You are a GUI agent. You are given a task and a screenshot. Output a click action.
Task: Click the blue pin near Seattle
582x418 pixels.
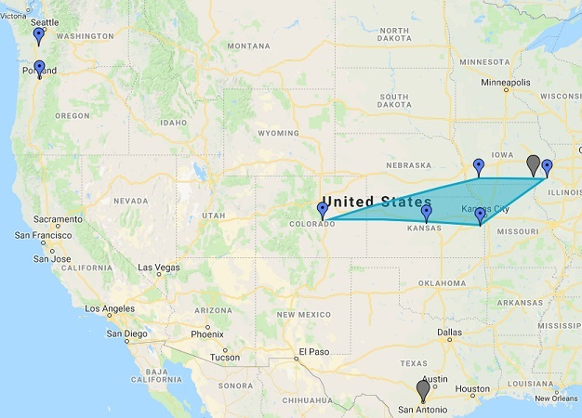pyautogui.click(x=38, y=36)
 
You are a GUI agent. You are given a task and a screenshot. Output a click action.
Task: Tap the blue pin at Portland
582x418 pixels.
pyautogui.click(x=39, y=69)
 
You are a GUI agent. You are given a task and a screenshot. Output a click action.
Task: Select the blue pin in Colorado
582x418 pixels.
pyautogui.click(x=323, y=210)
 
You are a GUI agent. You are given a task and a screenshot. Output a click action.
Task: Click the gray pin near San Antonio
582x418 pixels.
pyautogui.click(x=423, y=390)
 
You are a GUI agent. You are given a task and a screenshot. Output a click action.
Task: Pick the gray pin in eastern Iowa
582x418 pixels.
pyautogui.click(x=533, y=164)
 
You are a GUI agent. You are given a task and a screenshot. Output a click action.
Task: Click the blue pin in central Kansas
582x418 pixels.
pyautogui.click(x=427, y=214)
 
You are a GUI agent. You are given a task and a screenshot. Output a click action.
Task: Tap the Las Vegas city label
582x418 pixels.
pyautogui.click(x=159, y=268)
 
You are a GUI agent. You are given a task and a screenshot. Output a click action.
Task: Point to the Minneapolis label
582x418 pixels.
pyautogui.click(x=505, y=83)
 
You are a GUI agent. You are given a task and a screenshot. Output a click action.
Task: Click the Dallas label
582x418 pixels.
pyautogui.click(x=450, y=332)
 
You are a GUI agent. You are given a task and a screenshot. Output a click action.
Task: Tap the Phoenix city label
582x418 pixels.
pyautogui.click(x=206, y=334)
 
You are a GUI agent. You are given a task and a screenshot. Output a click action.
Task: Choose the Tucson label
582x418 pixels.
pyautogui.click(x=224, y=357)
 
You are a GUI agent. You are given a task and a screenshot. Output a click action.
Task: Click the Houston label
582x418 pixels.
pyautogui.click(x=473, y=389)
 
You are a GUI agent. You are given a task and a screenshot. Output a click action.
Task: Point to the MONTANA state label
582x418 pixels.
pyautogui.click(x=247, y=46)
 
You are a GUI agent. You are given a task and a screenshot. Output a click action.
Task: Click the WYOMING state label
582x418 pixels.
pyautogui.click(x=277, y=133)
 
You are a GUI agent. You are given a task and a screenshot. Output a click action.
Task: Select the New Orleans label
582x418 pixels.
pyautogui.click(x=557, y=398)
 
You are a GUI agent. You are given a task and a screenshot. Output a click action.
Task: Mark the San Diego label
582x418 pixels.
pyautogui.click(x=126, y=333)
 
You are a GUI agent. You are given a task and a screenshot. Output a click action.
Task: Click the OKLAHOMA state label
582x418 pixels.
pyautogui.click(x=442, y=282)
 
